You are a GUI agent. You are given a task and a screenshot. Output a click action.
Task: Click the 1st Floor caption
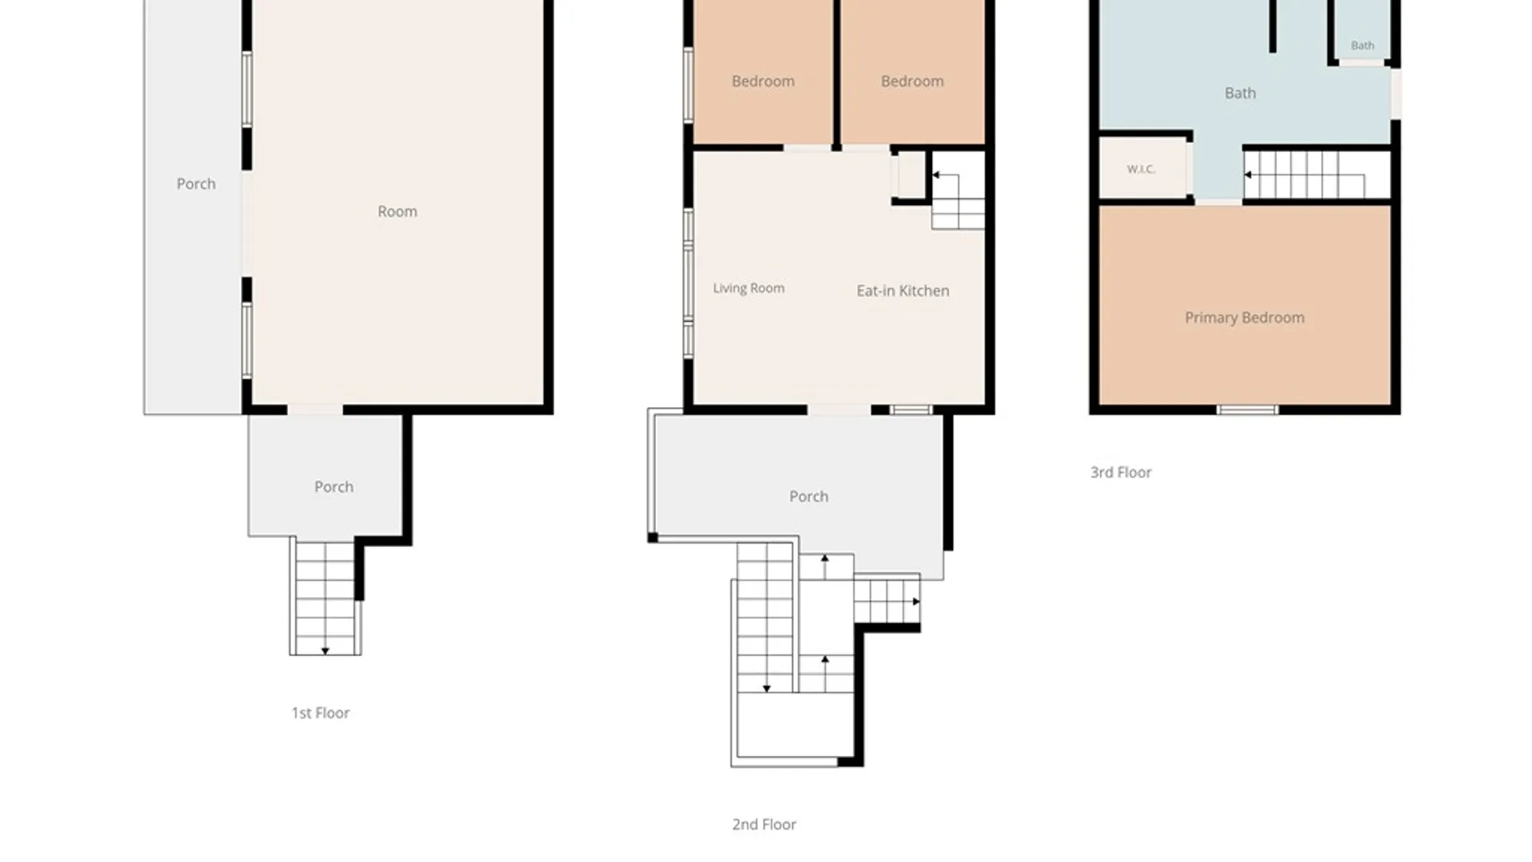click(x=320, y=713)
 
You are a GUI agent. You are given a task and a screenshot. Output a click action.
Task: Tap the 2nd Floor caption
click(x=764, y=824)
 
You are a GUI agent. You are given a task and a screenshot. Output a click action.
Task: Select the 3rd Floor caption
click(x=1120, y=473)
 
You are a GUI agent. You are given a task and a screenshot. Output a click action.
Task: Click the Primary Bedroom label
click(x=1244, y=318)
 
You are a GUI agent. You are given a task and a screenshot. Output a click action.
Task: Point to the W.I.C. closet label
click(x=1141, y=169)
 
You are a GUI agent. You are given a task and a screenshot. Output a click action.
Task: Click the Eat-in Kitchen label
click(x=902, y=291)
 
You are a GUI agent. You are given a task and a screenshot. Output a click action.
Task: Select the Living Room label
click(x=748, y=288)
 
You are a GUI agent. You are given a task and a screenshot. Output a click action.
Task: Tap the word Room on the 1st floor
click(x=397, y=212)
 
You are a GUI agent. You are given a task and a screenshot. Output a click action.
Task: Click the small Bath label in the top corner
click(x=1362, y=45)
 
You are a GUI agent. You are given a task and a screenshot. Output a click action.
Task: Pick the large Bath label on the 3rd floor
click(x=1240, y=93)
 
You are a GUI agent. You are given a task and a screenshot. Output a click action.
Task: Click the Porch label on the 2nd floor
click(x=808, y=496)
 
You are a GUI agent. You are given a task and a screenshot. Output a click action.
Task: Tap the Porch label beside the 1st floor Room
click(x=195, y=184)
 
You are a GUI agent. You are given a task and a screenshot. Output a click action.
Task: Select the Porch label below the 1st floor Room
click(x=334, y=487)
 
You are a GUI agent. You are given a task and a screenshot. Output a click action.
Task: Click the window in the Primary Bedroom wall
click(x=1247, y=410)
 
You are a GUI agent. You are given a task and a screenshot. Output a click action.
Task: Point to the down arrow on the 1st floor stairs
click(x=325, y=651)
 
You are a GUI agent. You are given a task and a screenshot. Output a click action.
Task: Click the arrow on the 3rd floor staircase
click(x=1248, y=175)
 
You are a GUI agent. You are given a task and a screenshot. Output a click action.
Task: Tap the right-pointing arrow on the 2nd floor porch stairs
click(x=916, y=602)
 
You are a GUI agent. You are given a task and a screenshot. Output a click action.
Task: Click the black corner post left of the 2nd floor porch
click(x=653, y=538)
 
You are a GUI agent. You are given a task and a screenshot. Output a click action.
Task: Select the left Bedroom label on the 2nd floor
click(x=763, y=81)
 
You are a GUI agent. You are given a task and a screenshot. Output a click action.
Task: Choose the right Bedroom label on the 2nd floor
click(x=912, y=81)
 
